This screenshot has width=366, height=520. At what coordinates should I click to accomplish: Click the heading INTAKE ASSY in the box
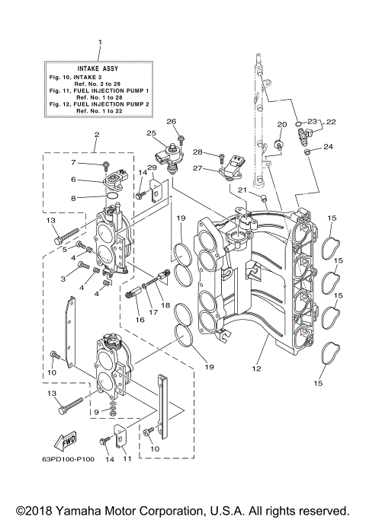point(99,68)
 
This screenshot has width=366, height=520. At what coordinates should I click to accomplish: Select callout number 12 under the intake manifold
point(258,370)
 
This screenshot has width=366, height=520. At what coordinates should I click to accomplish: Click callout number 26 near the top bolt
point(172,121)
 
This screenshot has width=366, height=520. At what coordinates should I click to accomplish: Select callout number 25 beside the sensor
point(152,133)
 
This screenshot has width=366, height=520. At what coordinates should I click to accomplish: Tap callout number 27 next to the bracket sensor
point(198,168)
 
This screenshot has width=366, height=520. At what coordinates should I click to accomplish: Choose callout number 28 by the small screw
point(197,152)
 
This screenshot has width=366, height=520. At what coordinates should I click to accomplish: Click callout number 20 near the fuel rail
point(282,124)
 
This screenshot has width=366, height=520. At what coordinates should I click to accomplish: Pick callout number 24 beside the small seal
point(329,147)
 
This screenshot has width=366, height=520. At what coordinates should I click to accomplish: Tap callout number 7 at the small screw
point(75,162)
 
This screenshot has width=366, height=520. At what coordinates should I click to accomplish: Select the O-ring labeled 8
point(111,197)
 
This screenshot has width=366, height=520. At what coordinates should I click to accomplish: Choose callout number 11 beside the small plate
point(127,458)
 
